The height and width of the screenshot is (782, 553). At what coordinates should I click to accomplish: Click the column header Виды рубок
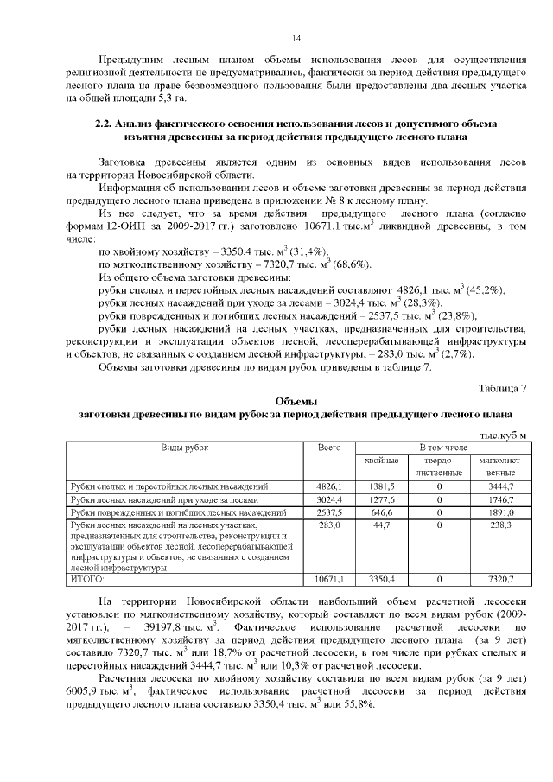(x=185, y=448)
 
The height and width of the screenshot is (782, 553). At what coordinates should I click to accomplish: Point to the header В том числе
(x=443, y=448)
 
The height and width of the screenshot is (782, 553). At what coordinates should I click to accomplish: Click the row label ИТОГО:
(x=87, y=578)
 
